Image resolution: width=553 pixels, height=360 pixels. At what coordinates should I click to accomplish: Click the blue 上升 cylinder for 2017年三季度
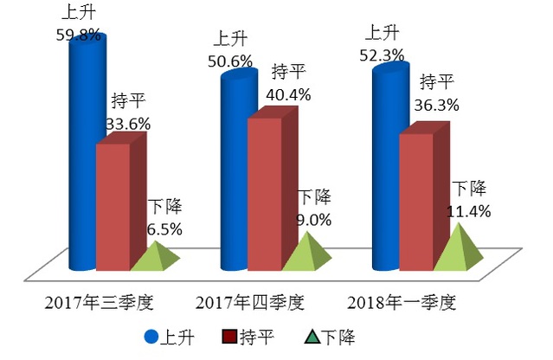83,156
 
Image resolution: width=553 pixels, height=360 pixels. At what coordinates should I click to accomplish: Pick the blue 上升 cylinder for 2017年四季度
235,173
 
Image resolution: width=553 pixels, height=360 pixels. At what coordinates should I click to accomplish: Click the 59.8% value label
77,36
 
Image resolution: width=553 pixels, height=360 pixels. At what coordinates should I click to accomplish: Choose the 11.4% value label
470,210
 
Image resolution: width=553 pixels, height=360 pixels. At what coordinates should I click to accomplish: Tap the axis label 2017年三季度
100,304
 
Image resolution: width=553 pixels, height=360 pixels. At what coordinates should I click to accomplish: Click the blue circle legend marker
151,337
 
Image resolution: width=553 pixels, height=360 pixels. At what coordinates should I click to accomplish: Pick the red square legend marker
231,337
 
